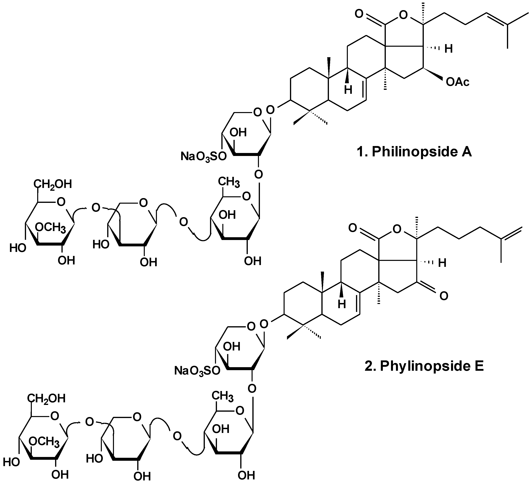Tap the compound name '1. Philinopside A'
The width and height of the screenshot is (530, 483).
tap(414, 152)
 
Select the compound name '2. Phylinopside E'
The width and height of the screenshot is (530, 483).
tap(424, 366)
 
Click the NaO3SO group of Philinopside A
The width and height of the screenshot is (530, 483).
tap(203, 157)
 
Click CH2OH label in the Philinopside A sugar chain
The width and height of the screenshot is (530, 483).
tap(52, 184)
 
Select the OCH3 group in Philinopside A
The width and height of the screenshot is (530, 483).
tap(51, 227)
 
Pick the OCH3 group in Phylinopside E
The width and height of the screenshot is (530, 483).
tap(44, 441)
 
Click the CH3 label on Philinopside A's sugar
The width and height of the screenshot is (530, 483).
tap(229, 182)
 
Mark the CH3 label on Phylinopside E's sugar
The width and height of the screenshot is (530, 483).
tap(223, 396)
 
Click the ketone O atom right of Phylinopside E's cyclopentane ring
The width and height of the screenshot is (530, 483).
tap(444, 296)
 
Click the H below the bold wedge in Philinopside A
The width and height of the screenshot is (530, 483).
tap(348, 90)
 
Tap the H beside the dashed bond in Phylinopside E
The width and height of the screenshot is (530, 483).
tap(442, 263)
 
